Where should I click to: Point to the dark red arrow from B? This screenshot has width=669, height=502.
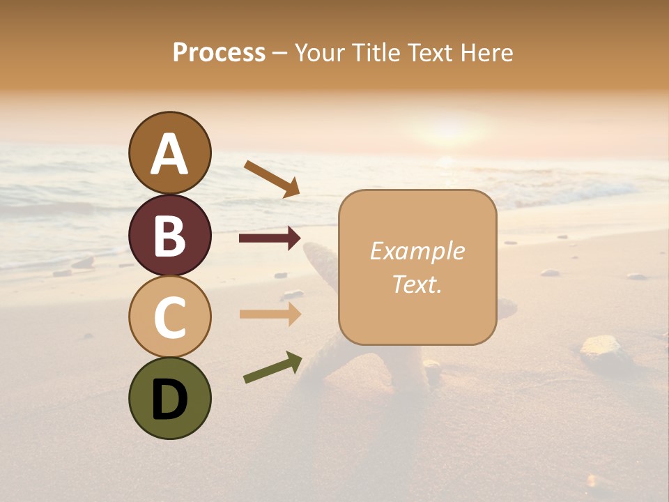(269, 238)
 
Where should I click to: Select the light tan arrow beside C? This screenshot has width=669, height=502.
(269, 314)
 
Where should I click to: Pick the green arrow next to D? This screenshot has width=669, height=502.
(272, 367)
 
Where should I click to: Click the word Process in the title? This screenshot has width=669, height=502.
(219, 53)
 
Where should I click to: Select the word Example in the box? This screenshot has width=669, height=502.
(417, 251)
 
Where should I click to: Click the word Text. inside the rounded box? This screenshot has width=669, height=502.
(417, 284)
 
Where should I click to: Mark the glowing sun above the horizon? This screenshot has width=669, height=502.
(449, 130)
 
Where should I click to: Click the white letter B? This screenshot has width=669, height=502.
(170, 236)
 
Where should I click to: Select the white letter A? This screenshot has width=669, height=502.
(170, 153)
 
